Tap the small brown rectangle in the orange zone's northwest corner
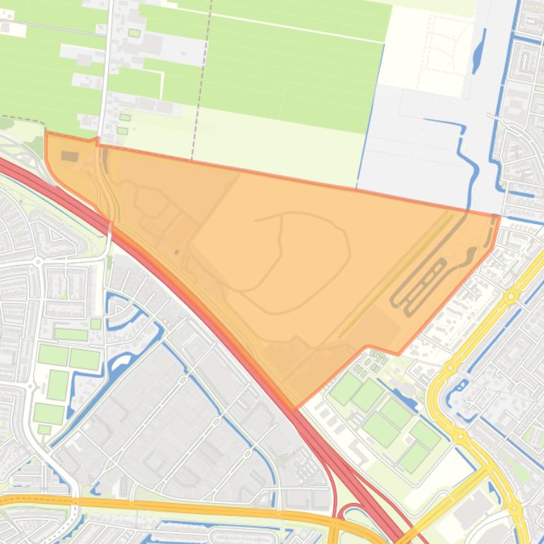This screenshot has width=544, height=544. (x=70, y=155)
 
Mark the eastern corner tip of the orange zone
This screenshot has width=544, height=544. (x=499, y=216)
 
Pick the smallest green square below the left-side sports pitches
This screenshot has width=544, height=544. (x=44, y=430)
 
